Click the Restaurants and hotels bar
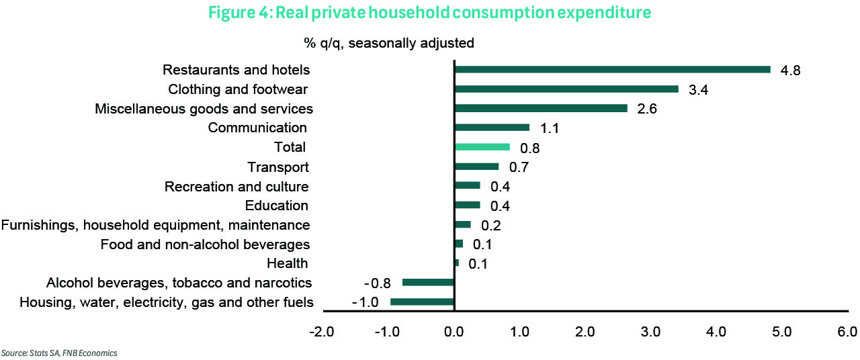(x=612, y=69)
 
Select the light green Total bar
(x=482, y=147)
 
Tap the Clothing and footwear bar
(x=566, y=89)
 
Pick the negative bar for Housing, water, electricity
(x=423, y=302)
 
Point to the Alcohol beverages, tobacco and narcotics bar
(x=429, y=283)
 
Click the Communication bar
(x=492, y=128)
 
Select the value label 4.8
(x=791, y=71)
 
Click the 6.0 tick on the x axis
(x=847, y=332)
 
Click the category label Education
(x=276, y=206)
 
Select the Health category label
(x=287, y=263)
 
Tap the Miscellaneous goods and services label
(x=204, y=109)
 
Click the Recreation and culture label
(x=236, y=187)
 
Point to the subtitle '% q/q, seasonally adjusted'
(x=389, y=44)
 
